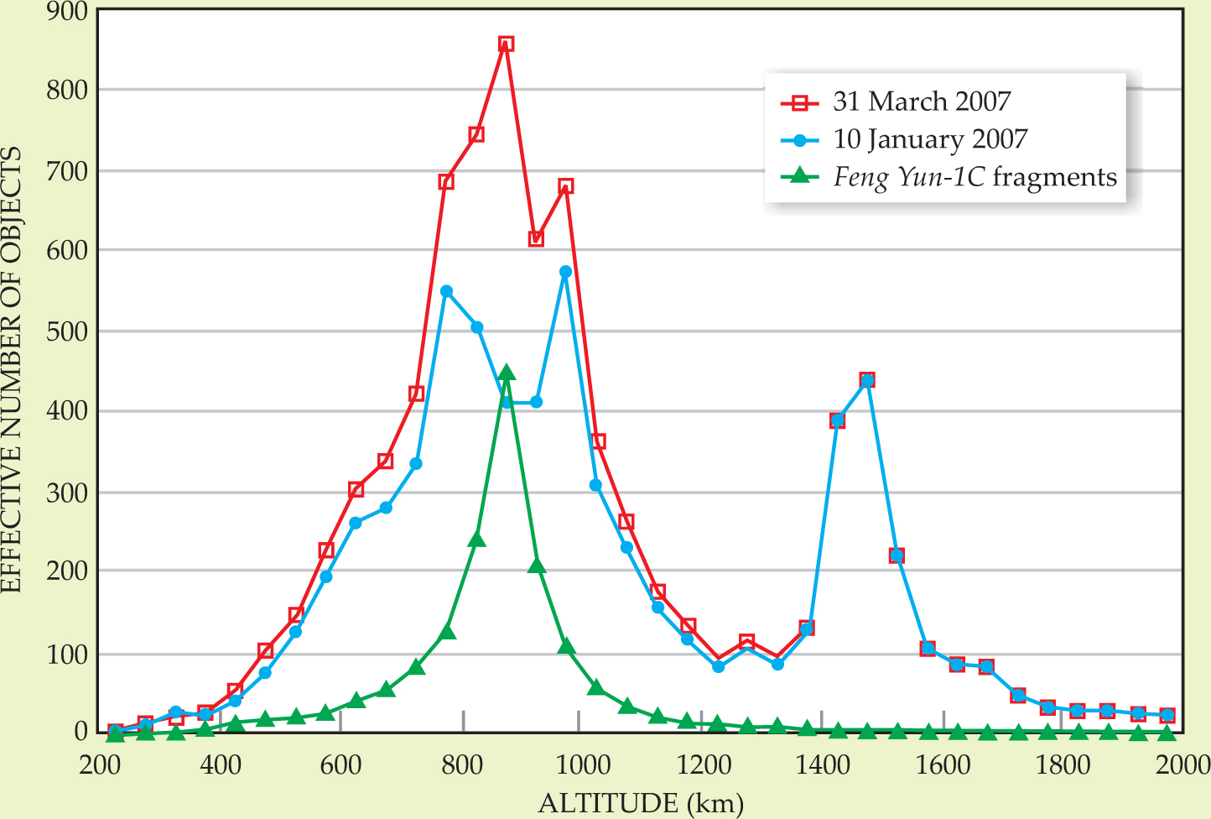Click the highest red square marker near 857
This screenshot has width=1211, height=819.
(506, 44)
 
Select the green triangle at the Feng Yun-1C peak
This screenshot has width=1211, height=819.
(506, 373)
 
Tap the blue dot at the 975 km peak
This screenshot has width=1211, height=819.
(565, 272)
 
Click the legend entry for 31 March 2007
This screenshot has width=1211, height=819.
(922, 102)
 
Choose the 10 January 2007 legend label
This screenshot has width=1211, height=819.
(930, 139)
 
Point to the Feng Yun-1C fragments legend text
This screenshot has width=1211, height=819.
(975, 177)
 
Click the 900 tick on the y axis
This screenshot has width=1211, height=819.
(68, 11)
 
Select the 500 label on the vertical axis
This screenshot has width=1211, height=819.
(68, 331)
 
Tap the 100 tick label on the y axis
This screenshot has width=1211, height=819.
(68, 654)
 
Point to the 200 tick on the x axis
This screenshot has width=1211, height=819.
(103, 765)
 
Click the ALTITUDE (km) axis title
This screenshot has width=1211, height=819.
(641, 803)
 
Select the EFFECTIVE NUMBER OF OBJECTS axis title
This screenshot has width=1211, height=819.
(12, 369)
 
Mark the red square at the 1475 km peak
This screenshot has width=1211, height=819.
(867, 380)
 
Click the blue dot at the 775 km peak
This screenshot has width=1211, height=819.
(446, 292)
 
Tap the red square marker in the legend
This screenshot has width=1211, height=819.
(800, 102)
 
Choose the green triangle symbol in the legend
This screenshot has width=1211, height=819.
(800, 176)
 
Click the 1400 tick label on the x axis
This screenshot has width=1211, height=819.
(823, 765)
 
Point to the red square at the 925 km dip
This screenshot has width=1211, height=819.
(536, 239)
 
